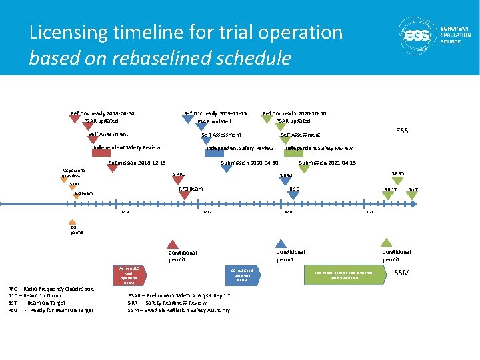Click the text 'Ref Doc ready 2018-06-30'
tap(103, 113)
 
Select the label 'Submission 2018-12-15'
tap(137, 163)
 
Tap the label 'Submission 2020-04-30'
tap(249, 163)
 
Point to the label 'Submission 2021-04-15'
tap(327, 163)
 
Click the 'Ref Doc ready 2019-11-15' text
tap(215, 113)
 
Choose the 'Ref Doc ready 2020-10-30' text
tap(295, 113)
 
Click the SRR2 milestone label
tap(179, 175)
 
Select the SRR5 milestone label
tap(397, 173)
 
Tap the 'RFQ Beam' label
tap(191, 189)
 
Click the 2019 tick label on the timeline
tap(123, 211)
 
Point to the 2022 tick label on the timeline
tap(371, 211)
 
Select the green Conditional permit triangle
tap(386, 243)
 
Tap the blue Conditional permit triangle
tap(281, 244)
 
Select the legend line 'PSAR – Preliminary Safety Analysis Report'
tap(179, 295)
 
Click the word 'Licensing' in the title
tap(65, 32)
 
